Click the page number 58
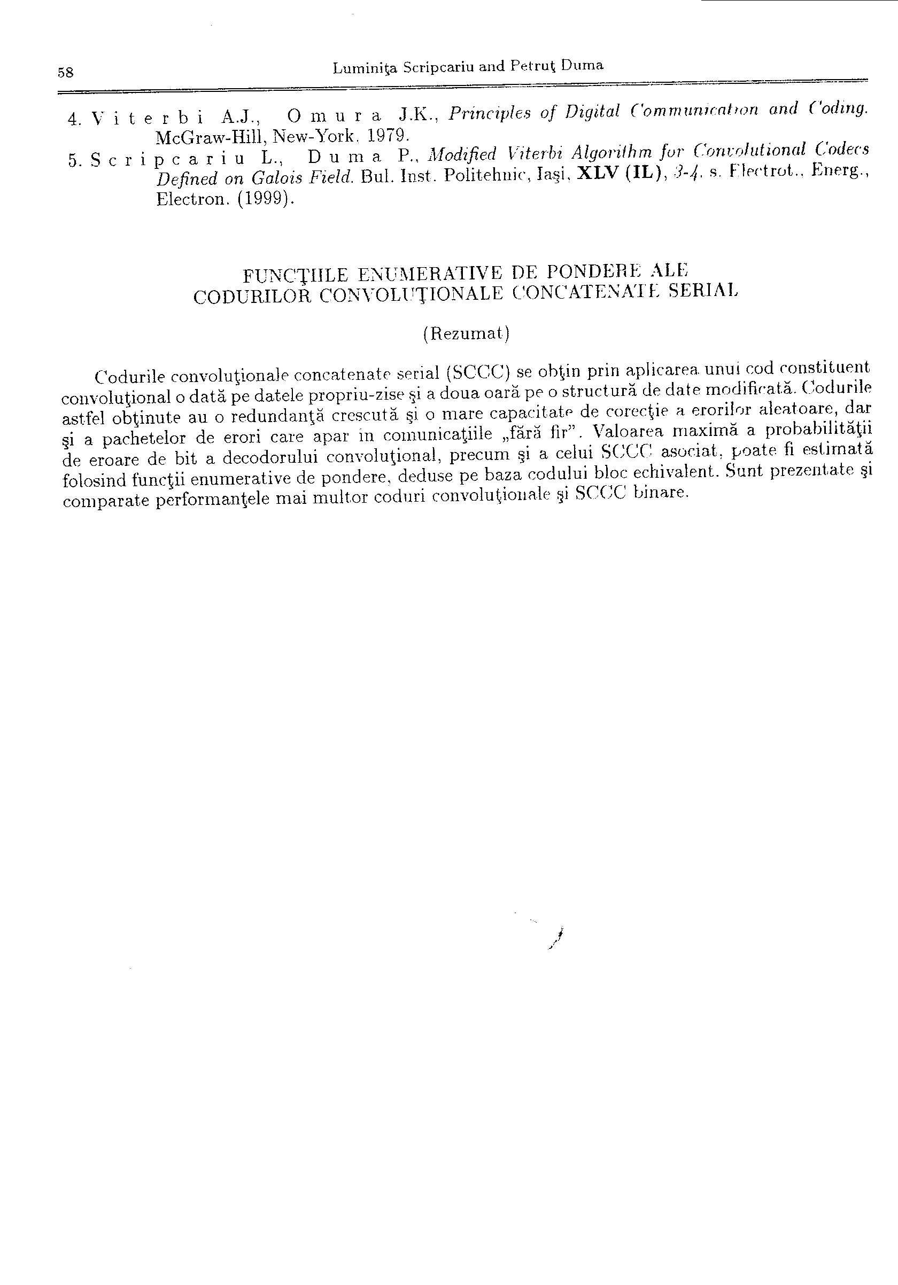point(66,72)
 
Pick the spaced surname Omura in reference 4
point(334,116)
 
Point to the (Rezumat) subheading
point(466,333)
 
